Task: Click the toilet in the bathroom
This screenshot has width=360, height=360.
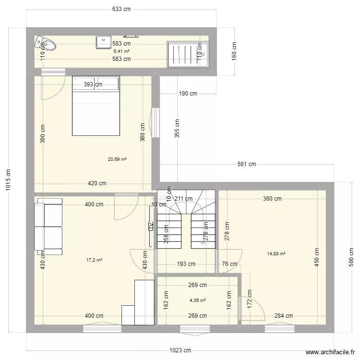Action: [x=46, y=44]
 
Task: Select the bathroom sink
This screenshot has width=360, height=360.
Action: [x=103, y=42]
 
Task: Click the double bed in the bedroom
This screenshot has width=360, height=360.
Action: [x=96, y=106]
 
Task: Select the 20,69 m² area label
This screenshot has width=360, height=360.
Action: [x=117, y=159]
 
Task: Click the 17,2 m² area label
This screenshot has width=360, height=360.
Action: [x=94, y=260]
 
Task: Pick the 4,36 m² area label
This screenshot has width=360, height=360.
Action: [x=197, y=300]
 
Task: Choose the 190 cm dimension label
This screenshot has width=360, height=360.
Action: [x=188, y=94]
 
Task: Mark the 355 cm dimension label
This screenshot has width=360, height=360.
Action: [x=177, y=128]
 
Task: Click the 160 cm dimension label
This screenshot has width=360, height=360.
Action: [x=234, y=50]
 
